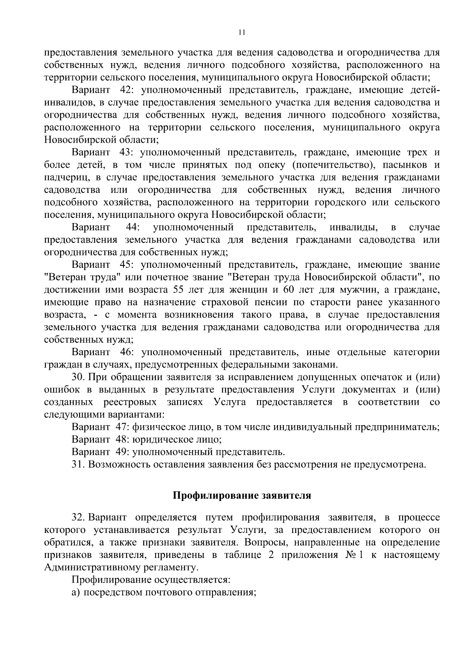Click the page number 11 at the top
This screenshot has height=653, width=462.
tap(241, 33)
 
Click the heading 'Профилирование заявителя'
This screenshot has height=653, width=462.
tap(241, 495)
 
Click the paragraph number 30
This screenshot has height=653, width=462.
tap(77, 377)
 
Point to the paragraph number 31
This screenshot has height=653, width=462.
tap(77, 464)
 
